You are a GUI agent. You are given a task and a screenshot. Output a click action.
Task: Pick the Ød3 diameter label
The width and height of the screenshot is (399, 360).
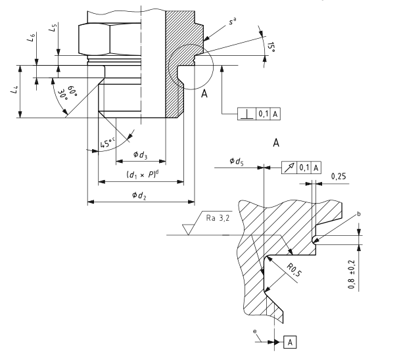coord(139,155)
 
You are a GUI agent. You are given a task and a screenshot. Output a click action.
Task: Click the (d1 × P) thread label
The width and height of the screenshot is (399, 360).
coord(141,175)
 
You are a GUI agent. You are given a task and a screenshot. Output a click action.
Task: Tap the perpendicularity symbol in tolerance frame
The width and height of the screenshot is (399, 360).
coord(247,114)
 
